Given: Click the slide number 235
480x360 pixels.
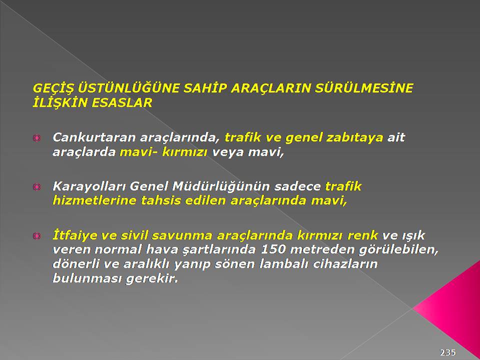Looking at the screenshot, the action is pos(448,352).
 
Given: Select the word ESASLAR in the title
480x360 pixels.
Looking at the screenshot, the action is pos(122,103).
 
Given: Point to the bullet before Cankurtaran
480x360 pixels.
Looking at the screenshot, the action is pos(36,138).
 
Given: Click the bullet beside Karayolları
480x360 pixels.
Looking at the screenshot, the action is pos(36,186).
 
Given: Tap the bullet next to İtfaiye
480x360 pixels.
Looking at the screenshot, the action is pos(36,235).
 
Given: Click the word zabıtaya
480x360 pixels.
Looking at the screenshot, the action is pos(354,138).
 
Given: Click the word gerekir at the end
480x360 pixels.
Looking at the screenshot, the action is pos(152,279).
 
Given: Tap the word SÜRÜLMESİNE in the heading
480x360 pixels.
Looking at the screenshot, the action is pos(364,88).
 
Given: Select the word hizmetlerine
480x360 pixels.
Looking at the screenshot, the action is pos(94,201).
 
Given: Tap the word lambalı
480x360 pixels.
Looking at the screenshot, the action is pos(284,264).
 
